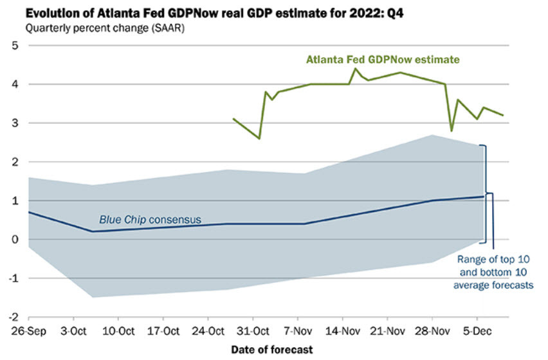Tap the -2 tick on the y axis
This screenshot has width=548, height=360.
pyautogui.click(x=13, y=317)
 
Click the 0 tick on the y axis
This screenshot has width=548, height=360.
pyautogui.click(x=15, y=239)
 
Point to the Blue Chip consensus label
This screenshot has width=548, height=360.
pyautogui.click(x=150, y=220)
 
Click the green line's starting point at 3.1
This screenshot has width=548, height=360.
pyautogui.click(x=233, y=119)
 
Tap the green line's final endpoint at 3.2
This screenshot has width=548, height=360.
pyautogui.click(x=503, y=115)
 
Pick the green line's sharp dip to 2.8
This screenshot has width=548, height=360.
pyautogui.click(x=452, y=130)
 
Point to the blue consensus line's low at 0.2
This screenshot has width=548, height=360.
pyautogui.click(x=91, y=231)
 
